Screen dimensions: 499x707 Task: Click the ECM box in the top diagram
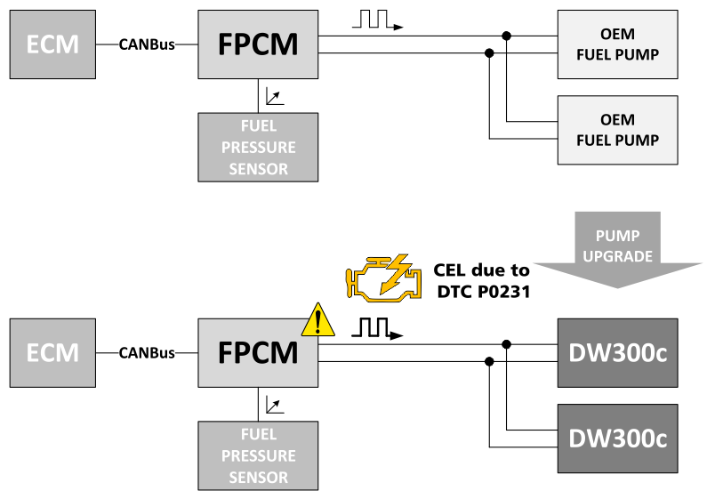(52, 44)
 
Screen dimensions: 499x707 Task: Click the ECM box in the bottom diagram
(52, 352)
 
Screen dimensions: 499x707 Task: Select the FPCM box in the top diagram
(258, 44)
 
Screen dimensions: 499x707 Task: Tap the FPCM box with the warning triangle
(258, 352)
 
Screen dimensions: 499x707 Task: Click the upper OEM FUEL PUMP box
(617, 44)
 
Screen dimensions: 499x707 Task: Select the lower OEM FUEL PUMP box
(617, 129)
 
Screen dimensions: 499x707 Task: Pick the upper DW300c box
(617, 352)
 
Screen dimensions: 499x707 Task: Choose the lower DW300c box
(617, 438)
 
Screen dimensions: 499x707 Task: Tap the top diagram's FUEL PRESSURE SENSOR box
(258, 147)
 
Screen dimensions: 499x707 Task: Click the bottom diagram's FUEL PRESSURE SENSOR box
(258, 455)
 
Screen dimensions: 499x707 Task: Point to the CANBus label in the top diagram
(147, 44)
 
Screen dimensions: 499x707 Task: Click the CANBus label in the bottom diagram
(147, 353)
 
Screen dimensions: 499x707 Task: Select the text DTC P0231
(482, 291)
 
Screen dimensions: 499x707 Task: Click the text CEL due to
(482, 270)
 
